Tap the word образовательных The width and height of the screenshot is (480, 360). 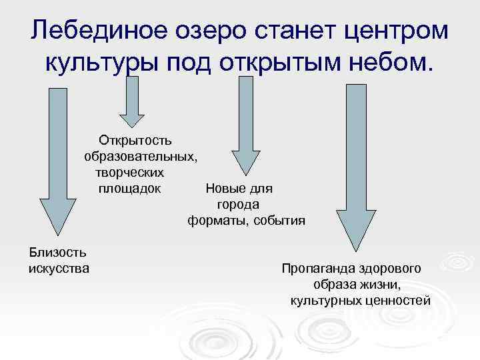140,157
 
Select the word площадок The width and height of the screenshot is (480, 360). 129,188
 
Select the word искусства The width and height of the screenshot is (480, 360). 60,268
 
